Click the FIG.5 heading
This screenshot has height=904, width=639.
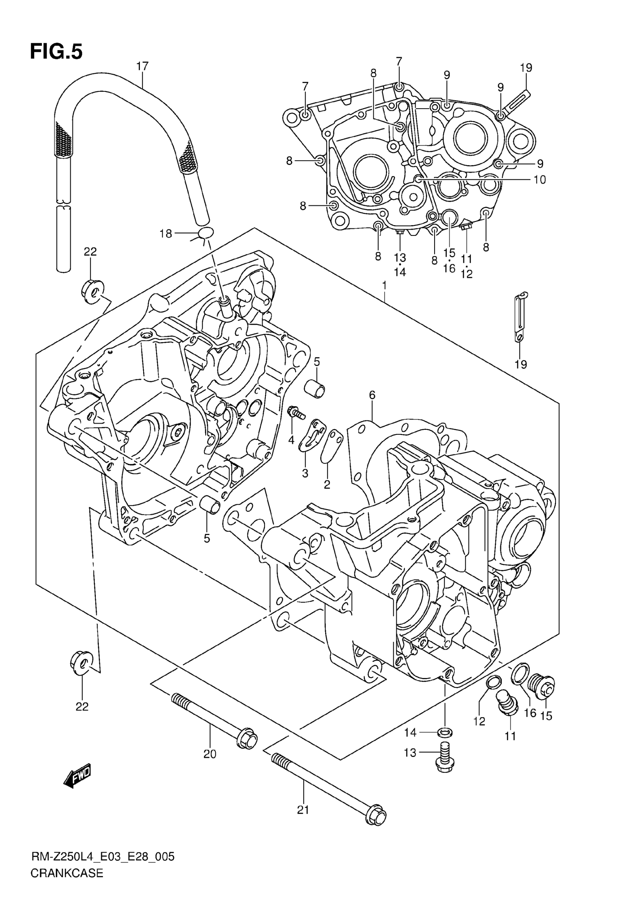coord(56,52)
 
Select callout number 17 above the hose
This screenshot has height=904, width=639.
coord(142,66)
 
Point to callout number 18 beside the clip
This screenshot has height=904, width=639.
coord(166,234)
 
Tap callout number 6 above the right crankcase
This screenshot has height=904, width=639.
coord(372,395)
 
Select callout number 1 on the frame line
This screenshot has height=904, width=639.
coord(384,285)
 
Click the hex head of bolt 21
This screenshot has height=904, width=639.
coord(377,818)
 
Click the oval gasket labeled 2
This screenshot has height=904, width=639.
coord(331,446)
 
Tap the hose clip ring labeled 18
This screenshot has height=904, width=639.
coord(205,232)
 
